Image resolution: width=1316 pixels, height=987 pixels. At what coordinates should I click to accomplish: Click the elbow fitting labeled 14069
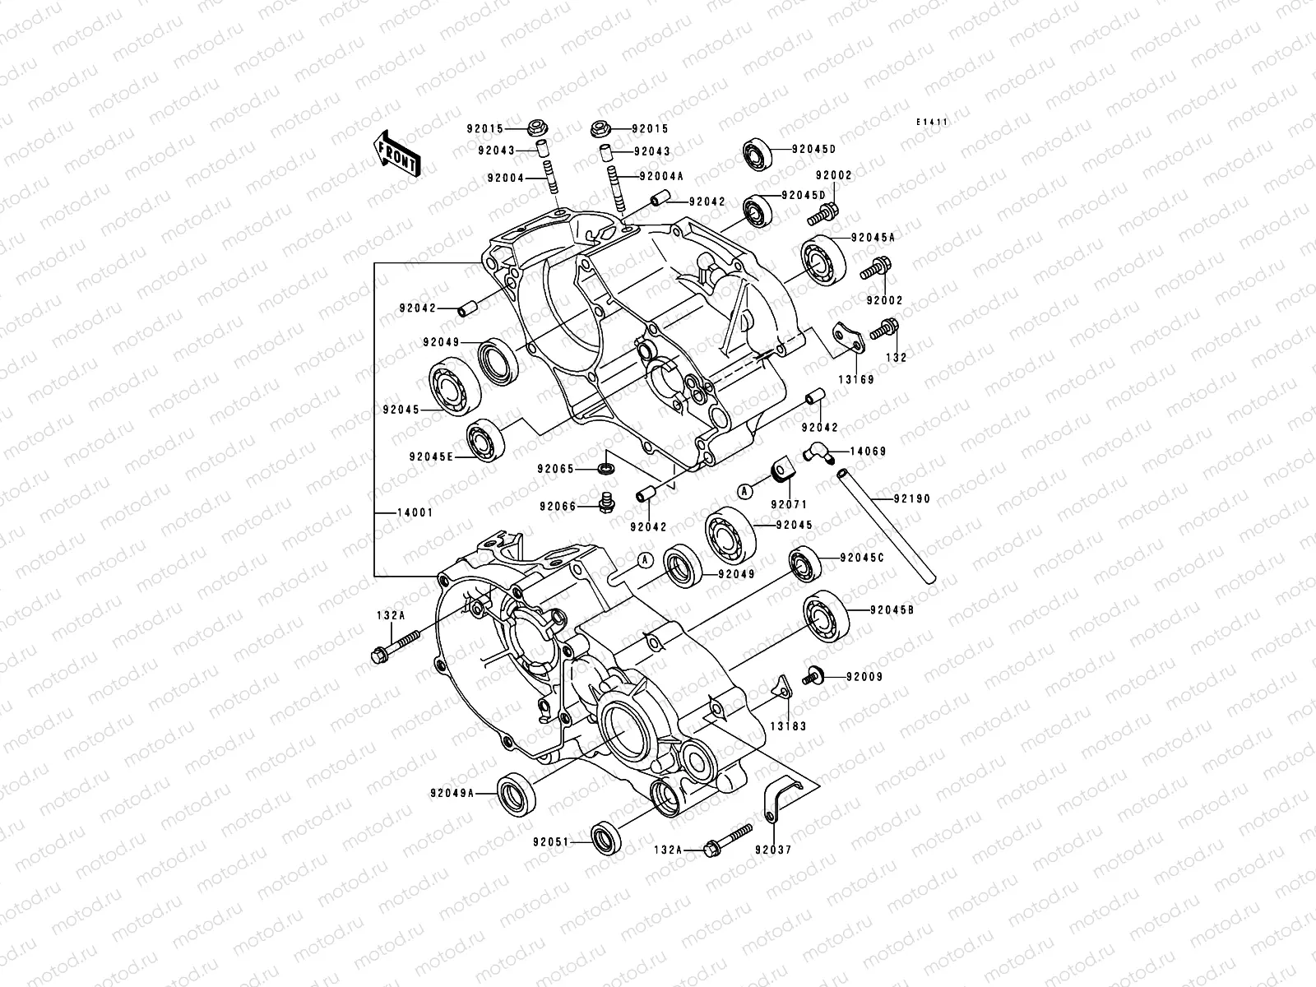pyautogui.click(x=815, y=451)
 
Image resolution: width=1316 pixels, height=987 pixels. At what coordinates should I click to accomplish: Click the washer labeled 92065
pyautogui.click(x=606, y=469)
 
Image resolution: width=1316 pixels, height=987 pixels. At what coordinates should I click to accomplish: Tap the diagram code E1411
pyautogui.click(x=934, y=122)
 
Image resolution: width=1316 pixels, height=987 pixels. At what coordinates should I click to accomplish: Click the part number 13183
pyautogui.click(x=788, y=727)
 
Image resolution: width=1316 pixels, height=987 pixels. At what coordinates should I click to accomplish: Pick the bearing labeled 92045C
pyautogui.click(x=804, y=564)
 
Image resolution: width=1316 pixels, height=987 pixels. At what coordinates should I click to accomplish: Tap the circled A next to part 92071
pyautogui.click(x=744, y=491)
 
